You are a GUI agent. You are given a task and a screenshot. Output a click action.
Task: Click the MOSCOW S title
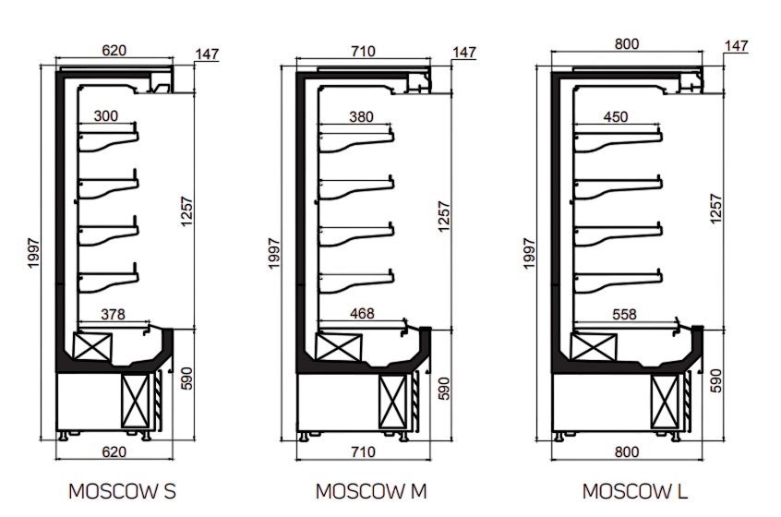123,490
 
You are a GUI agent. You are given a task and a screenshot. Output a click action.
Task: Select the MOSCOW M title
372,490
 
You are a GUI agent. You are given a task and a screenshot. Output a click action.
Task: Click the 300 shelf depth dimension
107,116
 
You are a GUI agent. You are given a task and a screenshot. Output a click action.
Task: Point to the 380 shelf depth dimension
362,116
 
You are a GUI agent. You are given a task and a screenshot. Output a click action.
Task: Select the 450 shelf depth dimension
615,116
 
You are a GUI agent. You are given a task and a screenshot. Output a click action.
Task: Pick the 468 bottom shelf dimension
362,314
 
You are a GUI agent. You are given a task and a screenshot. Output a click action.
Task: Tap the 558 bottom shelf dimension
624,314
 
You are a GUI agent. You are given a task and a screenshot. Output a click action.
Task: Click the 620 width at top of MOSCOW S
114,52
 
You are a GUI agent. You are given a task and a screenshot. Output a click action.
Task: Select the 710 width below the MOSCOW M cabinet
363,451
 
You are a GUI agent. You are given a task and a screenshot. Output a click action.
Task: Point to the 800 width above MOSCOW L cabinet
627,43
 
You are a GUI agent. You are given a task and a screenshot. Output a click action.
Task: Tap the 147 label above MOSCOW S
207,54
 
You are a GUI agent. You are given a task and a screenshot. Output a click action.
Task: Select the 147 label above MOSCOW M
464,53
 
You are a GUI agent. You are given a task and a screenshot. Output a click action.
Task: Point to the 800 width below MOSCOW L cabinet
627,451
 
